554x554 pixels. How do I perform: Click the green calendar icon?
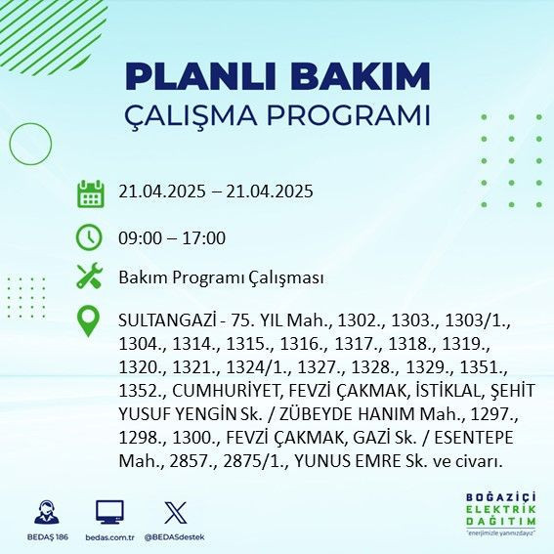tap(90, 192)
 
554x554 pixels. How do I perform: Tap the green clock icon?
tap(90, 237)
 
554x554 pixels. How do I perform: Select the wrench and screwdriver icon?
tap(90, 277)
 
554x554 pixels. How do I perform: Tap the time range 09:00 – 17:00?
tap(172, 238)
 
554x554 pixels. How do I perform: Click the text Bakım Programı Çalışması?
tap(221, 277)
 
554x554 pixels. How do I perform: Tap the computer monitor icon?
tap(109, 512)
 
